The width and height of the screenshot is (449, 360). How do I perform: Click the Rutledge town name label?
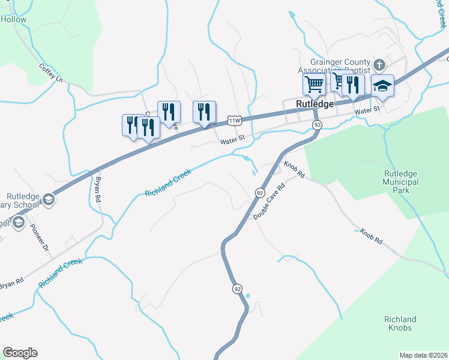tap(315, 104)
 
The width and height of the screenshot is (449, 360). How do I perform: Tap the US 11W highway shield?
tap(235, 121)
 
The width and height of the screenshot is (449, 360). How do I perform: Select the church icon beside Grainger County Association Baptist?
tap(379, 64)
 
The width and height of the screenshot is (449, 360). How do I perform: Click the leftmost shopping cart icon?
tap(313, 85)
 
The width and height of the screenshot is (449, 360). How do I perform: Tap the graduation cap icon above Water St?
tap(382, 86)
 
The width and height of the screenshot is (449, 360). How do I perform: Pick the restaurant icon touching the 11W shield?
tap(204, 112)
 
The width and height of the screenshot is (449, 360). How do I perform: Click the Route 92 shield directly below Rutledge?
tap(318, 124)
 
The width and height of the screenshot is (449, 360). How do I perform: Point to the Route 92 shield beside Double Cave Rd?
tap(259, 193)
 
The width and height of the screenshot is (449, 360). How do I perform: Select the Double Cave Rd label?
tap(268, 201)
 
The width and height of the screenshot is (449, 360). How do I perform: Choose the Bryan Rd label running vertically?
tap(95, 188)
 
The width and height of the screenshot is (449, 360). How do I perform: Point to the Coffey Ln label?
tap(51, 73)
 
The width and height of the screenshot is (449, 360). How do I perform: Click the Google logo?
tap(20, 353)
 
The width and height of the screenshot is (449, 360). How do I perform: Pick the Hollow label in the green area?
tap(13, 19)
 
